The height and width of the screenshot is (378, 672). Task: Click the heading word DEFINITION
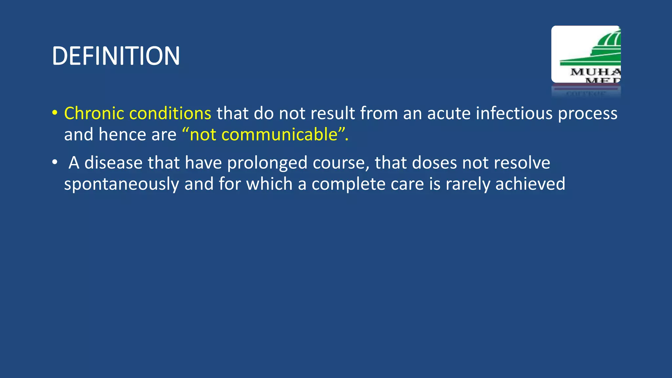click(116, 56)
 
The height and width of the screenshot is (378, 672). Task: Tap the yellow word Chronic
click(94, 114)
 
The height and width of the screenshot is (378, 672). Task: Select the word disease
click(113, 163)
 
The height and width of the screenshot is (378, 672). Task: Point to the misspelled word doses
click(434, 163)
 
